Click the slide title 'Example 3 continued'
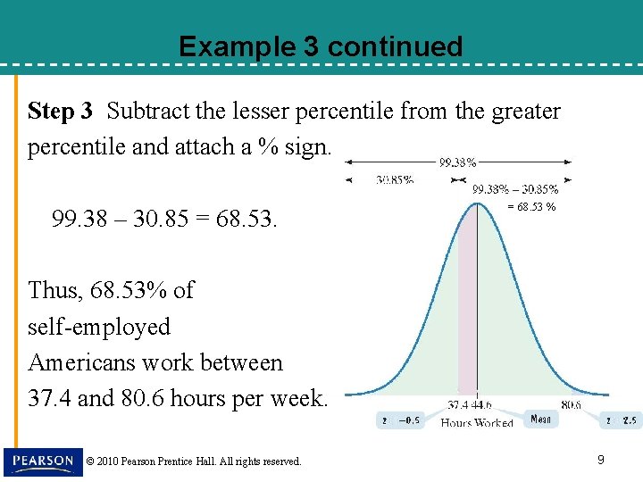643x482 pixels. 321,46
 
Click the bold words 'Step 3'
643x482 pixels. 60,112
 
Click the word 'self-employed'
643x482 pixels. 99,327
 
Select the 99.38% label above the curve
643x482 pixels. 457,162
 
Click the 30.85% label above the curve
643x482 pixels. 394,179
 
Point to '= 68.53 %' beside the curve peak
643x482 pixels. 531,207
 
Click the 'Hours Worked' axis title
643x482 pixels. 477,423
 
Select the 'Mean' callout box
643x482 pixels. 540,418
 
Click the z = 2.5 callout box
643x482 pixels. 620,420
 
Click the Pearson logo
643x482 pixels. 41,461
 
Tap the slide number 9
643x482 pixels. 601,460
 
